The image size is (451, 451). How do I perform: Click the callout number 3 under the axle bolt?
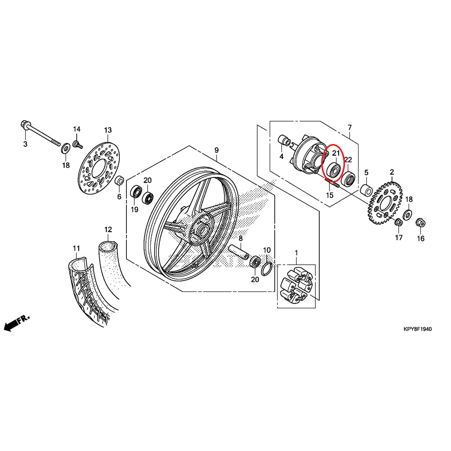pos(25,144)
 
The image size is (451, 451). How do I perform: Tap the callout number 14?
pos(77,129)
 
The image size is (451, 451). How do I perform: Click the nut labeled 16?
pos(420,223)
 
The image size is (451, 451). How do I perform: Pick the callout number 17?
pos(399,238)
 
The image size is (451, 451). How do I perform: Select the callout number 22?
pos(348,159)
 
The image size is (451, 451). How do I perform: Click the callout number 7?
pos(350,128)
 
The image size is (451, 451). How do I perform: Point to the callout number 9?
pos(216,151)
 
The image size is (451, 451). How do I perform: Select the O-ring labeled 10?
pos(266,268)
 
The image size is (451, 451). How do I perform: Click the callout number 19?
pos(134,209)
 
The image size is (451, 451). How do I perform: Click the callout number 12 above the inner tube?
pos(108,229)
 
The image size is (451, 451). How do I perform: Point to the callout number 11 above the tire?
pos(76,248)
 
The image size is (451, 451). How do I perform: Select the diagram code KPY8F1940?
pos(418,329)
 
